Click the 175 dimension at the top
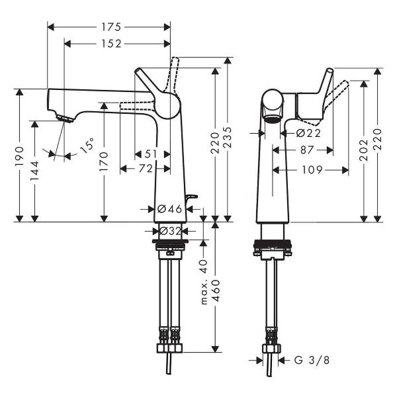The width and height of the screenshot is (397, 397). click(110, 27)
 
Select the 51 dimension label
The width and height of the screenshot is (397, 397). click(152, 154)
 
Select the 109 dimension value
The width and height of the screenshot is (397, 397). click(313, 170)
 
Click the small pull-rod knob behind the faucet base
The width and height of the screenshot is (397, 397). click(193, 197)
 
